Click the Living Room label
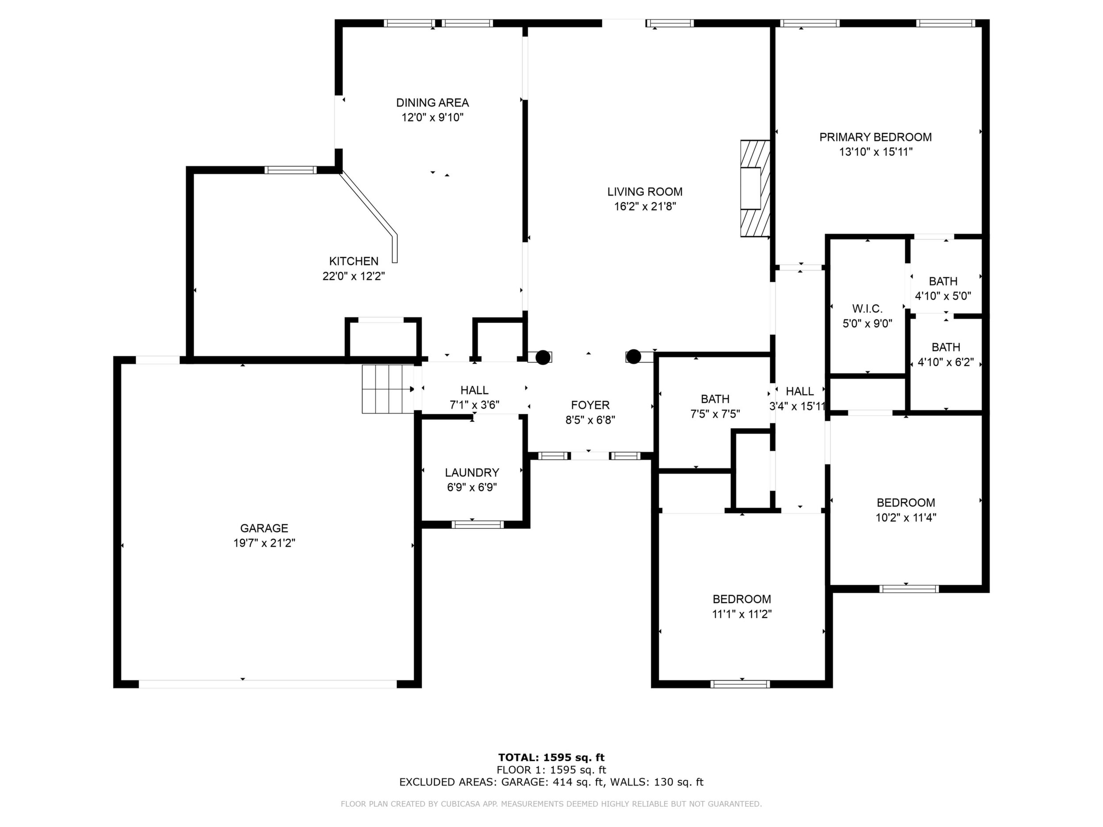[645, 191]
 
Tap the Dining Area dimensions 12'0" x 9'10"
[433, 118]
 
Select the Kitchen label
[354, 261]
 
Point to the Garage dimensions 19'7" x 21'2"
[264, 543]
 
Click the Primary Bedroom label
[875, 137]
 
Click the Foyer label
[590, 405]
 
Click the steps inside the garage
[388, 389]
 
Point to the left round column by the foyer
[543, 357]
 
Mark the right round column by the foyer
[633, 357]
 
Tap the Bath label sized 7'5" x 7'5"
[715, 399]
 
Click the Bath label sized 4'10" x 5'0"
[943, 281]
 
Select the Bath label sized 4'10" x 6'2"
[946, 347]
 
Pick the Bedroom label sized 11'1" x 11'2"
[742, 599]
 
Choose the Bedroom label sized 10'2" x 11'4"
[906, 502]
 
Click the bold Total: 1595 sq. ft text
[551, 758]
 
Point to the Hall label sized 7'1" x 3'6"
[475, 391]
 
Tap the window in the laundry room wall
[478, 524]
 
